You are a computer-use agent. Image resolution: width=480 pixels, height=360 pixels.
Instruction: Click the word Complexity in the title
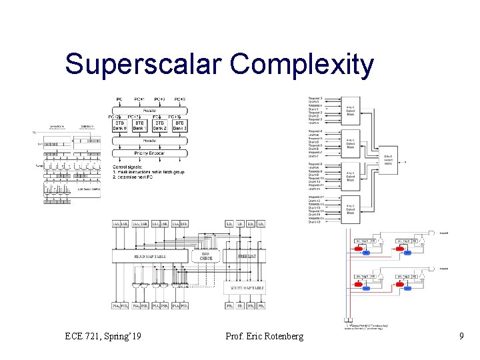coord(302,65)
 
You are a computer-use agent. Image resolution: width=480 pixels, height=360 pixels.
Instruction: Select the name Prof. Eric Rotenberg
coord(265,336)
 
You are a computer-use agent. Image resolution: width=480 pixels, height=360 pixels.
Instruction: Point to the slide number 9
coord(461,336)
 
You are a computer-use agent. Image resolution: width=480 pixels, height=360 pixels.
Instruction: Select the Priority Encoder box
coord(150,153)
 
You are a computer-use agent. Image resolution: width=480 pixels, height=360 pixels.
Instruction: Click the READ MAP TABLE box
coord(151,256)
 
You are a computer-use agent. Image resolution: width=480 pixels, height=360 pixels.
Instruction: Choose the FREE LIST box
coord(247,256)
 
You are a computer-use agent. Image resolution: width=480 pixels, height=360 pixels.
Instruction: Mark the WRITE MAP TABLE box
coord(247,288)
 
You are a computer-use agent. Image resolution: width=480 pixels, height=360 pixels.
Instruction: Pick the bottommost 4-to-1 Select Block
coord(351,209)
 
